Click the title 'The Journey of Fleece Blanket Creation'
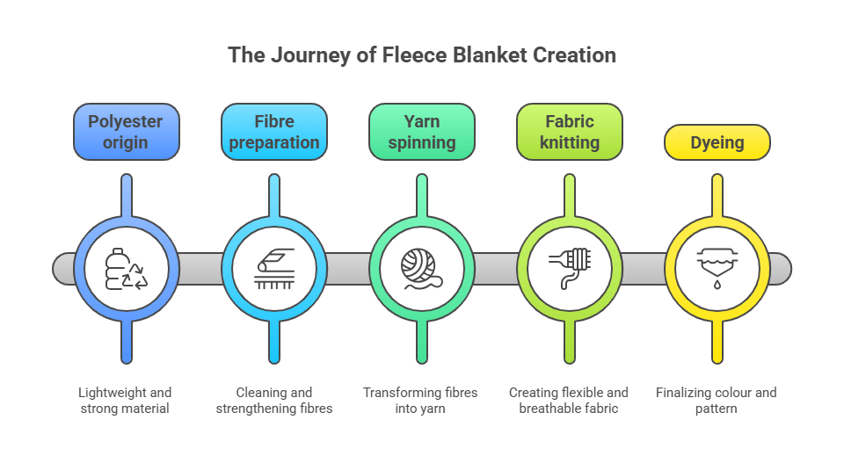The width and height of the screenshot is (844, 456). click(422, 54)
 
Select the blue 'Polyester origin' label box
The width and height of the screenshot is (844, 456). click(127, 132)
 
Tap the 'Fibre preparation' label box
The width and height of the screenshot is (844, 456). click(274, 132)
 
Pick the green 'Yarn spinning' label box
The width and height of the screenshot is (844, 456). click(422, 132)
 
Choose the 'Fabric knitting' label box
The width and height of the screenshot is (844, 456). click(570, 132)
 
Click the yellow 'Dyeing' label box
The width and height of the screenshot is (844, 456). click(717, 142)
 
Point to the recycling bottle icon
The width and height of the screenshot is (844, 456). click(127, 269)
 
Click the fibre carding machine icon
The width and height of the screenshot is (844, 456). click(274, 269)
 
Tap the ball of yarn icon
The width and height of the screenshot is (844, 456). click(422, 269)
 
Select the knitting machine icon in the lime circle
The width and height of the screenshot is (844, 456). click(570, 269)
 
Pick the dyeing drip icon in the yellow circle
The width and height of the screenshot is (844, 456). click(717, 269)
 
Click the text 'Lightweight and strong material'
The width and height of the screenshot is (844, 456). click(127, 400)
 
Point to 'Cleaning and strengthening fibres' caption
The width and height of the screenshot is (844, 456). click(274, 400)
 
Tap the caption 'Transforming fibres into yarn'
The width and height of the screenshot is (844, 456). click(422, 400)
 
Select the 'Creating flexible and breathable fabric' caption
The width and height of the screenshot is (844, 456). click(570, 400)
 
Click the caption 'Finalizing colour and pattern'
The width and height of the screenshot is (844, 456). click(717, 400)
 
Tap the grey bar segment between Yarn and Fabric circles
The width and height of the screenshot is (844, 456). click(496, 269)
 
